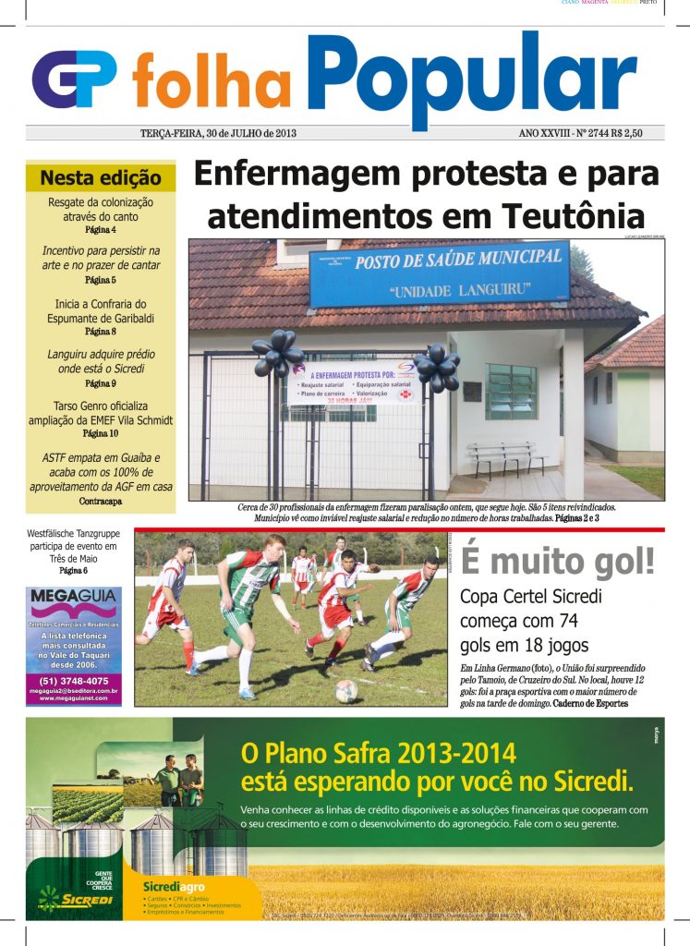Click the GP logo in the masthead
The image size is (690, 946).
click(x=74, y=79)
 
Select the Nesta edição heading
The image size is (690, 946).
click(x=101, y=177)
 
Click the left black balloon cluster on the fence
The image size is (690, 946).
click(x=277, y=352)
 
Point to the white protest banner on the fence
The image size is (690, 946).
click(x=354, y=381)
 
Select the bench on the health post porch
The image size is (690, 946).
click(x=505, y=455)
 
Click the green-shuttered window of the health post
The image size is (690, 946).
click(x=511, y=391)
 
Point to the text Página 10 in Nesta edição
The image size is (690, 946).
click(x=101, y=433)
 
